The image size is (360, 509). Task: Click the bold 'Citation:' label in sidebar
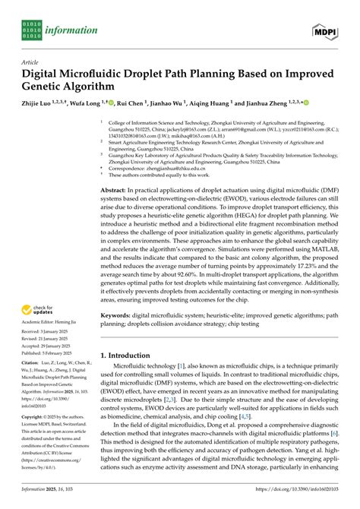(x=32, y=365)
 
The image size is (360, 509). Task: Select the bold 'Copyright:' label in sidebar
(x=34, y=418)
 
